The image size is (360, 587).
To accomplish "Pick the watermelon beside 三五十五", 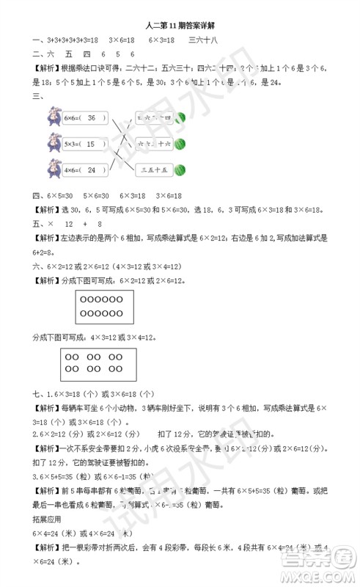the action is tap(180, 169).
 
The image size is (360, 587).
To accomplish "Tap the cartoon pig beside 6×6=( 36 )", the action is tap(53, 117).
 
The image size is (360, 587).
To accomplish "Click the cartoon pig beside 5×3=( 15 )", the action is tap(53, 143).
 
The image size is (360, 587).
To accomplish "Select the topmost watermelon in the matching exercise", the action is tap(180, 117).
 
